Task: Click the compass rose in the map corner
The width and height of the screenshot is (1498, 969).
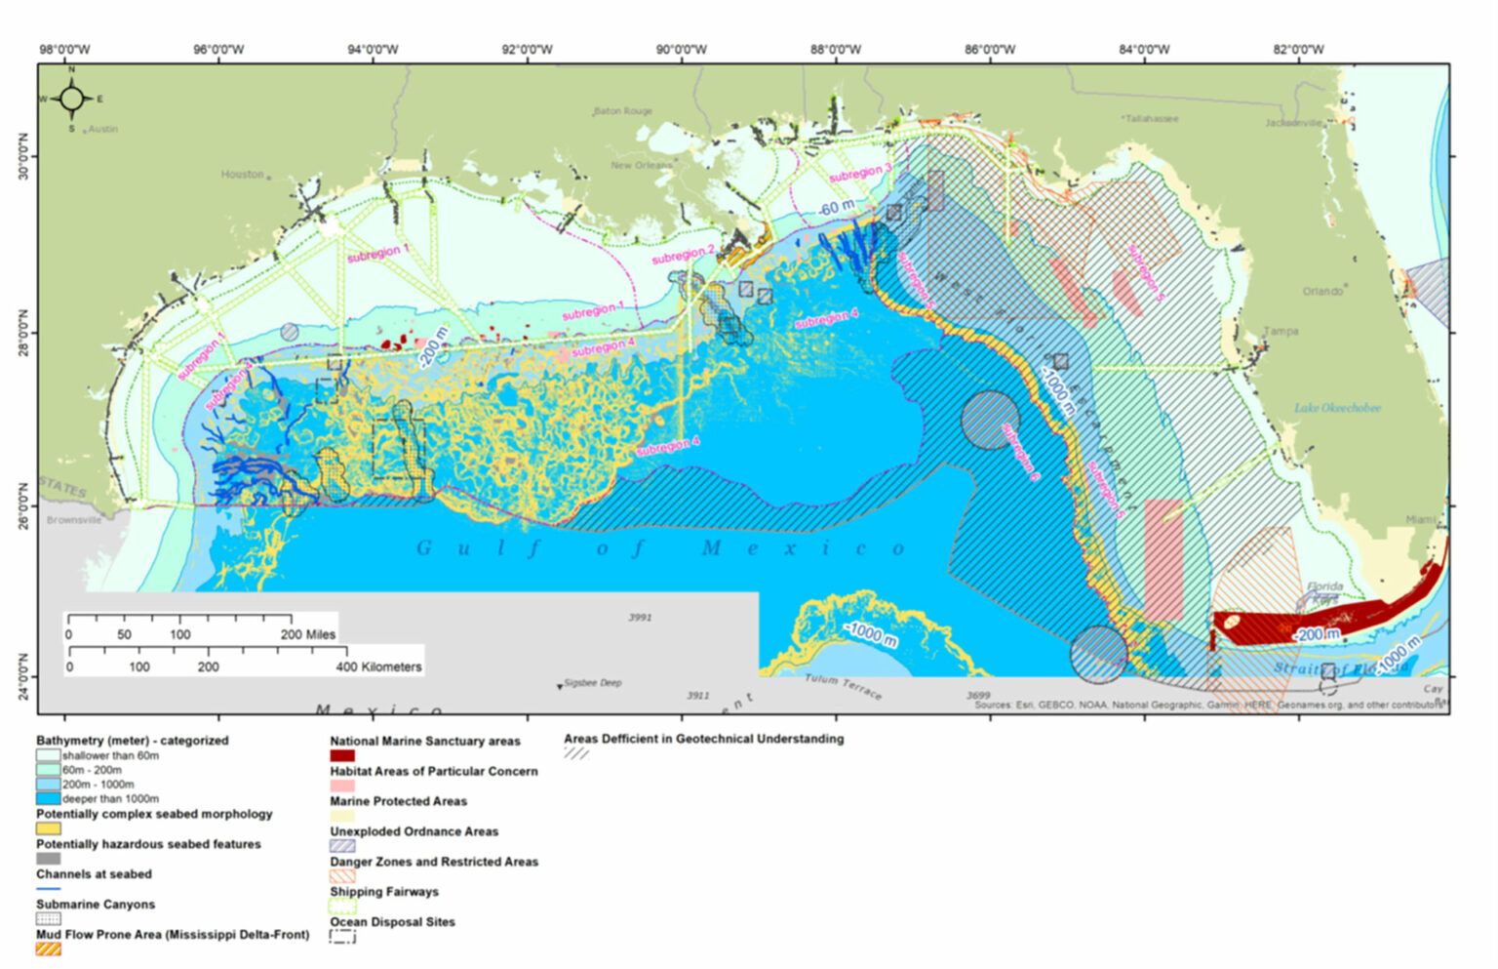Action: tap(71, 99)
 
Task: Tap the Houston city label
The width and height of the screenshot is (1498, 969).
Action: tap(242, 175)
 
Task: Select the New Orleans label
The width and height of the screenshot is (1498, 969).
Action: tap(641, 166)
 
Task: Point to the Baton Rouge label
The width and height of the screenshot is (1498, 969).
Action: tap(623, 111)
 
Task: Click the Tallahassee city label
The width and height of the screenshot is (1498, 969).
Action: tap(1151, 118)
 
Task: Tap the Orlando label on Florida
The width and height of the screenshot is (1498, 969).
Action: tap(1321, 291)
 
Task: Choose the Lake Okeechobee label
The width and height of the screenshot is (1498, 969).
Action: tap(1337, 408)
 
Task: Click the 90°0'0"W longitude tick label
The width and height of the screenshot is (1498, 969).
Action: tap(681, 50)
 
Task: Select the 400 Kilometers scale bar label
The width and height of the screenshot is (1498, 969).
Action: tap(378, 666)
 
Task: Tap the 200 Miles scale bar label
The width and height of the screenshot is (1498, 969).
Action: tap(308, 634)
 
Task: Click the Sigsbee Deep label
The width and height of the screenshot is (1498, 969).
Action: tap(593, 683)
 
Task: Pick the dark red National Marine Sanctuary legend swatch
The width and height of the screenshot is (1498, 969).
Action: tap(342, 755)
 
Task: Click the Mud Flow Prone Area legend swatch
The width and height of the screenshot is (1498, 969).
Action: tap(49, 949)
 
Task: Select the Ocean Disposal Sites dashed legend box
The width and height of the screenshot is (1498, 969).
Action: tap(342, 937)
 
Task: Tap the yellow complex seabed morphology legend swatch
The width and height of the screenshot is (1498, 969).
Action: tap(49, 828)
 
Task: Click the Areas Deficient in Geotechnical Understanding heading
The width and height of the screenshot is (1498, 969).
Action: tap(703, 739)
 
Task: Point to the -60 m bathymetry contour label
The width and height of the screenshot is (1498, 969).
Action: tap(835, 208)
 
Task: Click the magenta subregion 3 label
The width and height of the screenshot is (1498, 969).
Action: tap(859, 174)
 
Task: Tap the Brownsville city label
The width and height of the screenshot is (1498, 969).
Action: tap(73, 520)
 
